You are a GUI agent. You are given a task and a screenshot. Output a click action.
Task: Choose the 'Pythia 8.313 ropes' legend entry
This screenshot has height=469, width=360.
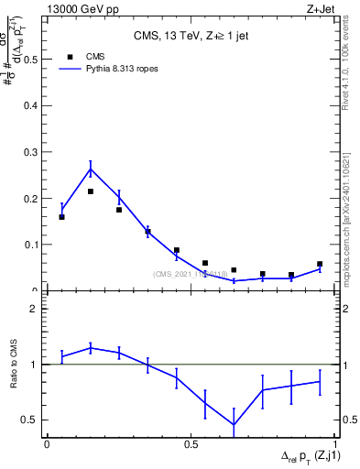(105, 69)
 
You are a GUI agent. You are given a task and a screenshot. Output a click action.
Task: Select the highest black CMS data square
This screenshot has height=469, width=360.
(91, 191)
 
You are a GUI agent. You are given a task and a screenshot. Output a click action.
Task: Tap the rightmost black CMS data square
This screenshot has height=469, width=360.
(320, 264)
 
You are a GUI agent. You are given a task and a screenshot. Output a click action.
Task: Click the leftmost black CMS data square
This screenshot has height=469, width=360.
(61, 217)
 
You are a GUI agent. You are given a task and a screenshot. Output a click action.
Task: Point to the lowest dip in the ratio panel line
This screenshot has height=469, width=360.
(234, 425)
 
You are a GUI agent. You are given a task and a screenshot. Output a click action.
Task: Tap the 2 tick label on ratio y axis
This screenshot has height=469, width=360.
(34, 309)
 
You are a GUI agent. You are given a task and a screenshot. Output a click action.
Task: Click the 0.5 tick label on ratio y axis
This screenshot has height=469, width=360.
(30, 420)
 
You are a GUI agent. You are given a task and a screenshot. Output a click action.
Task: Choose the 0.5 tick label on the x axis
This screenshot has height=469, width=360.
(191, 444)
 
